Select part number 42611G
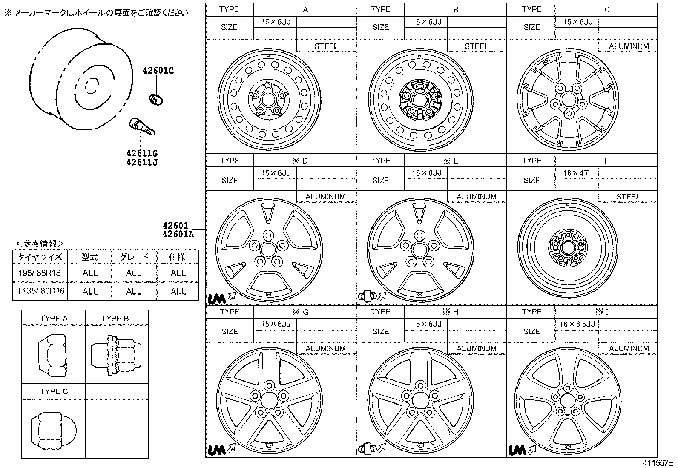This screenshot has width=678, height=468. point(142,153)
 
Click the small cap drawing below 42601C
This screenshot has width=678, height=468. point(156,99)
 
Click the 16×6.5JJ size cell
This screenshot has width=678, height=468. point(577,324)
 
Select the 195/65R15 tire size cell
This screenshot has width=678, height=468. point(40,273)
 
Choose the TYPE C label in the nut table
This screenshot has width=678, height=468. point(54,391)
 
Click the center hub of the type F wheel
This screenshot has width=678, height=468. point(567,247)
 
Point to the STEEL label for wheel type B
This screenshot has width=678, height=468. point(476,46)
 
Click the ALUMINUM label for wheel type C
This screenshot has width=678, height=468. point(628,46)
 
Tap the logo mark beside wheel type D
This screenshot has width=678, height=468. point(217,297)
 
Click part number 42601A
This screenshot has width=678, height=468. point(178,233)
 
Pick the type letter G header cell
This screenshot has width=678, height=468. point(305,312)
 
